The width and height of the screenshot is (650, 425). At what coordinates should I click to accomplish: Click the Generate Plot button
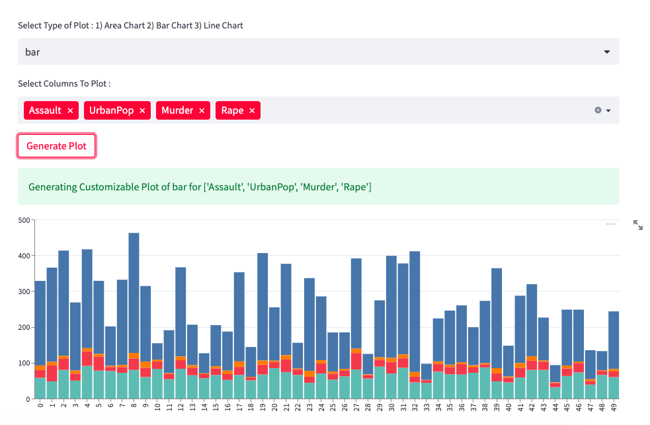[x=56, y=146]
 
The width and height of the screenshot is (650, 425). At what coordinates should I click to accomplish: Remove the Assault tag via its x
[x=70, y=111]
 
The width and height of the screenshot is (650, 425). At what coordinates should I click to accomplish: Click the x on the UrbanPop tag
[x=142, y=111]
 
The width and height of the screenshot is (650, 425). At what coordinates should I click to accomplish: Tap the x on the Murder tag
[x=202, y=111]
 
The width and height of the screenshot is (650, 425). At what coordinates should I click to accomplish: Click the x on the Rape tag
[x=252, y=111]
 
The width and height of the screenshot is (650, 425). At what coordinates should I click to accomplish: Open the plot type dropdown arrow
[x=607, y=52]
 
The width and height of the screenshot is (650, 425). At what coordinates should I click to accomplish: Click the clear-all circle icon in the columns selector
[x=598, y=110]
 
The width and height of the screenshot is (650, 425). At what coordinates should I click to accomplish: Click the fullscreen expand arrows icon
[x=638, y=225]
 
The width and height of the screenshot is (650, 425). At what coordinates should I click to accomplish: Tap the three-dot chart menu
[x=611, y=224]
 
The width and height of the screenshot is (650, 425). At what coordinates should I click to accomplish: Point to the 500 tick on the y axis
[x=25, y=220]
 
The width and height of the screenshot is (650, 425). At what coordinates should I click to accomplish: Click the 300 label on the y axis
[x=25, y=291]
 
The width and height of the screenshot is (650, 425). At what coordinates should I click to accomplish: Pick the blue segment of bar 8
[x=134, y=291]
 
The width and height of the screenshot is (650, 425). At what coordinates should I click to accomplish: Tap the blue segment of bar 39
[x=497, y=317]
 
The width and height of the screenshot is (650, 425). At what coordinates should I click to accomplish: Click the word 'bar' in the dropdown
[x=32, y=52]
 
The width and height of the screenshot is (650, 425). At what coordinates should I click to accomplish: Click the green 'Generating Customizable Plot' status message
[x=200, y=187]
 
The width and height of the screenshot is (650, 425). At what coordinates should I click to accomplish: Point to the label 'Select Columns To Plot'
[x=63, y=84]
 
